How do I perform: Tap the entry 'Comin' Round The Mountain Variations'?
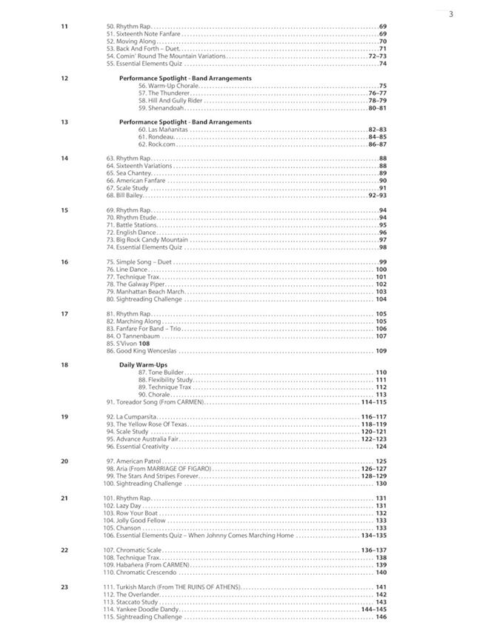[171, 56]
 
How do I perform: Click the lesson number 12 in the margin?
[64, 78]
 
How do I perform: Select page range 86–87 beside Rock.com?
[377, 144]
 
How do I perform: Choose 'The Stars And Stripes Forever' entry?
[156, 476]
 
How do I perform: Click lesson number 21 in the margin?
[64, 499]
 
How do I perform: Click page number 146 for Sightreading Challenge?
[381, 617]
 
